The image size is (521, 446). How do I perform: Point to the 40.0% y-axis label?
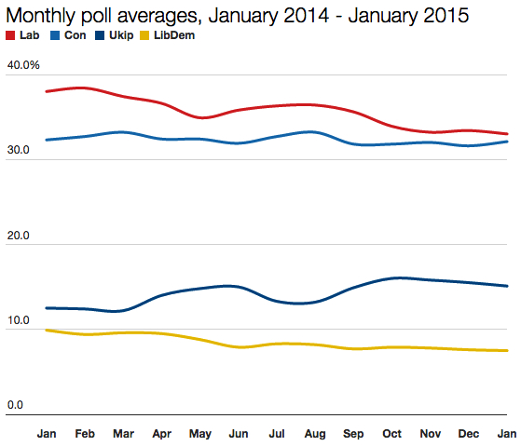23,65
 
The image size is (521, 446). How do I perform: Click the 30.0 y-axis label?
19,150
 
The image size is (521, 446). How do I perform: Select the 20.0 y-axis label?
19,236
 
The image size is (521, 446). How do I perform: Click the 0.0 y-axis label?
16,405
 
